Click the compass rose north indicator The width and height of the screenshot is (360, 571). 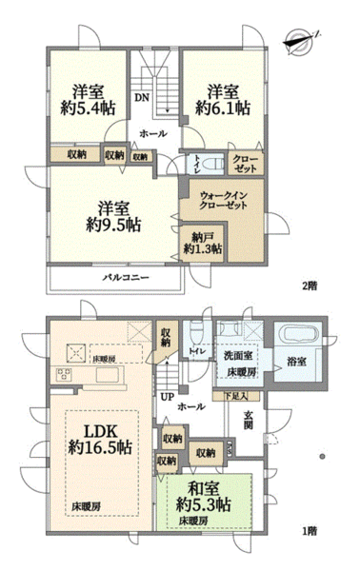(304, 39)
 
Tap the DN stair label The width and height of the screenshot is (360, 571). (140, 98)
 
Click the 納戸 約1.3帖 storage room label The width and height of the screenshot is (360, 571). (203, 243)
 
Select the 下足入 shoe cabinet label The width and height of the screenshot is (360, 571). (235, 394)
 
